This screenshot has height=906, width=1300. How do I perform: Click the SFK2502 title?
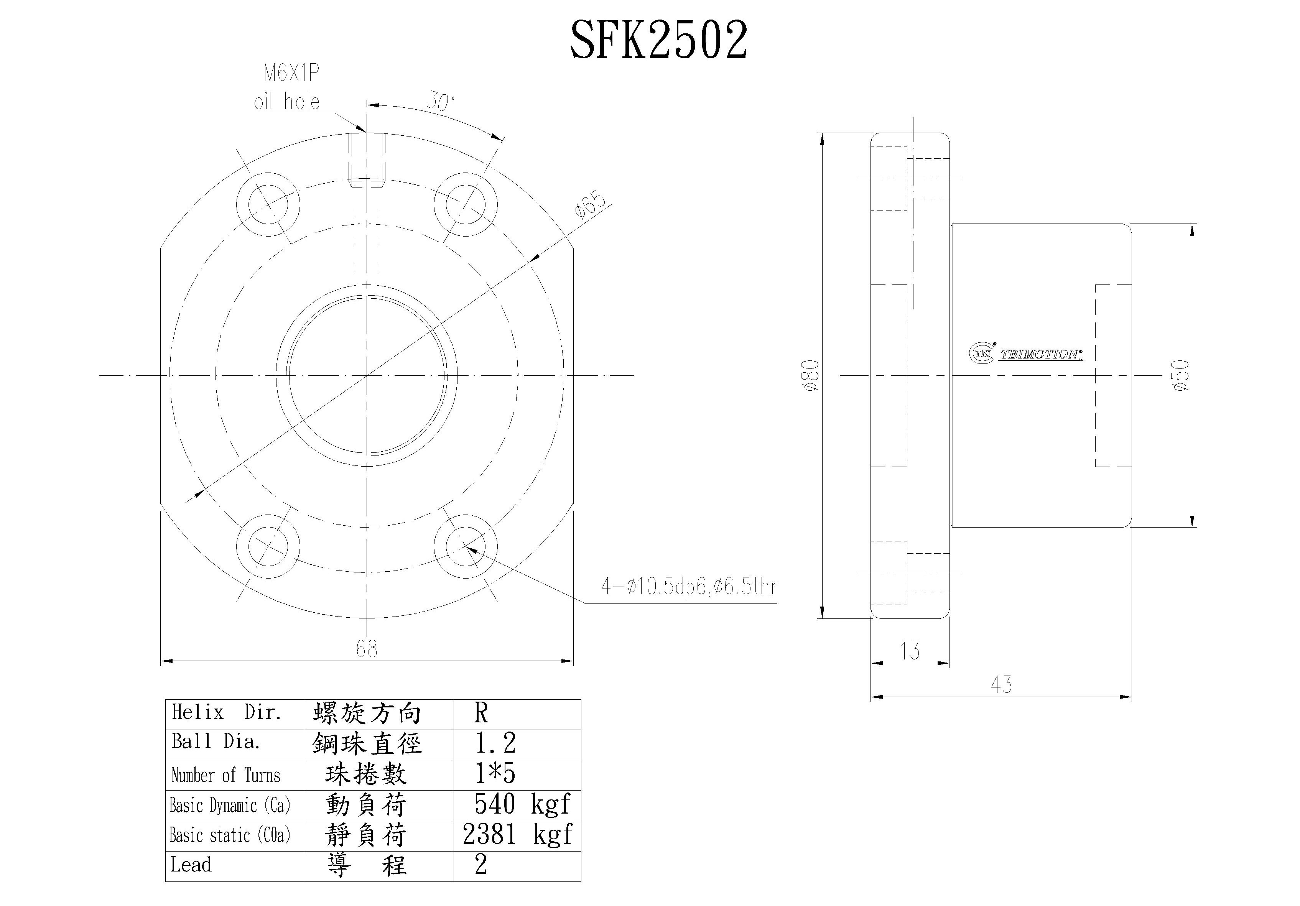pos(658,39)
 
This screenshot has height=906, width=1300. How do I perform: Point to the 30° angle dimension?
pos(440,102)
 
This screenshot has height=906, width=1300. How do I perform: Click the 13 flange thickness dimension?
pos(910,651)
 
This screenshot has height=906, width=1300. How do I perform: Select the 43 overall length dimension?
pos(1001,685)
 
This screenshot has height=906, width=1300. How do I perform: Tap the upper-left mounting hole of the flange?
pos(268,204)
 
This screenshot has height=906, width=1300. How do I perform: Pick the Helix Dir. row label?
pos(227,713)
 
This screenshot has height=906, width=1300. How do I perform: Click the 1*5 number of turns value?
pos(495,774)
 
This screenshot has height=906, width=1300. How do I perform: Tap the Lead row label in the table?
pos(191,865)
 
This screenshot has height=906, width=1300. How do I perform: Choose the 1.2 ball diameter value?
pos(495,743)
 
